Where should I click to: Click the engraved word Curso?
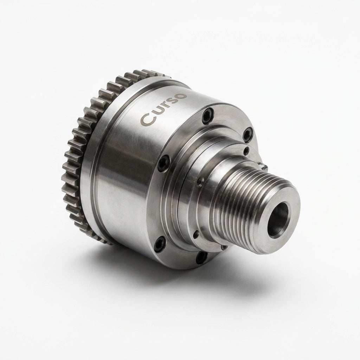(163, 109)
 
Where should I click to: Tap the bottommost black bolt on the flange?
(201, 258)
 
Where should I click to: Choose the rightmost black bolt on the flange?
(247, 135)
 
